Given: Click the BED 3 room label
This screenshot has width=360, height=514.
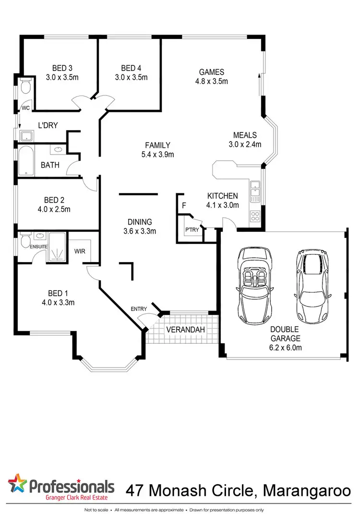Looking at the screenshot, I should point(62,68).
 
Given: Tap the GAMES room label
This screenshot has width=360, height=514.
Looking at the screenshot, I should point(212,72).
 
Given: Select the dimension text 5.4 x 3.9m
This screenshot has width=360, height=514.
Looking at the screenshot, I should point(158,154).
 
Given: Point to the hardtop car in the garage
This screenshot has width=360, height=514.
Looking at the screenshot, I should point(312,287).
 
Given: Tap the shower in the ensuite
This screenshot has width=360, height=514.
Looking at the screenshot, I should point(58,248).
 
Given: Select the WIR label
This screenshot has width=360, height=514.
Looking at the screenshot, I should point(80,251).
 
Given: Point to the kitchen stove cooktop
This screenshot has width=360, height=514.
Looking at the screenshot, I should point(255,216).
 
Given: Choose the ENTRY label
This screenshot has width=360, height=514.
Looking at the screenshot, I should point(139,309).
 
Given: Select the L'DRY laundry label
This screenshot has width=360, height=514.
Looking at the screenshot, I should point(48,126).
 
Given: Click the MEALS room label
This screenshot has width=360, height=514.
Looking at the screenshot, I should point(245,135).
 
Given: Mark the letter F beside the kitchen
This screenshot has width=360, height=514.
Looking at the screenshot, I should point(183,206).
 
